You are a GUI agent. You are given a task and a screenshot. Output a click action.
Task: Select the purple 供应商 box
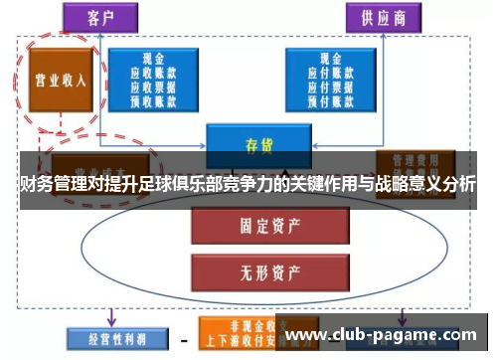click(384, 17)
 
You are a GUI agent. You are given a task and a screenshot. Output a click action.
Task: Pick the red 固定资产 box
click(258, 226)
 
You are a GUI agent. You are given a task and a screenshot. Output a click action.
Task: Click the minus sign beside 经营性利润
click(183, 339)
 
